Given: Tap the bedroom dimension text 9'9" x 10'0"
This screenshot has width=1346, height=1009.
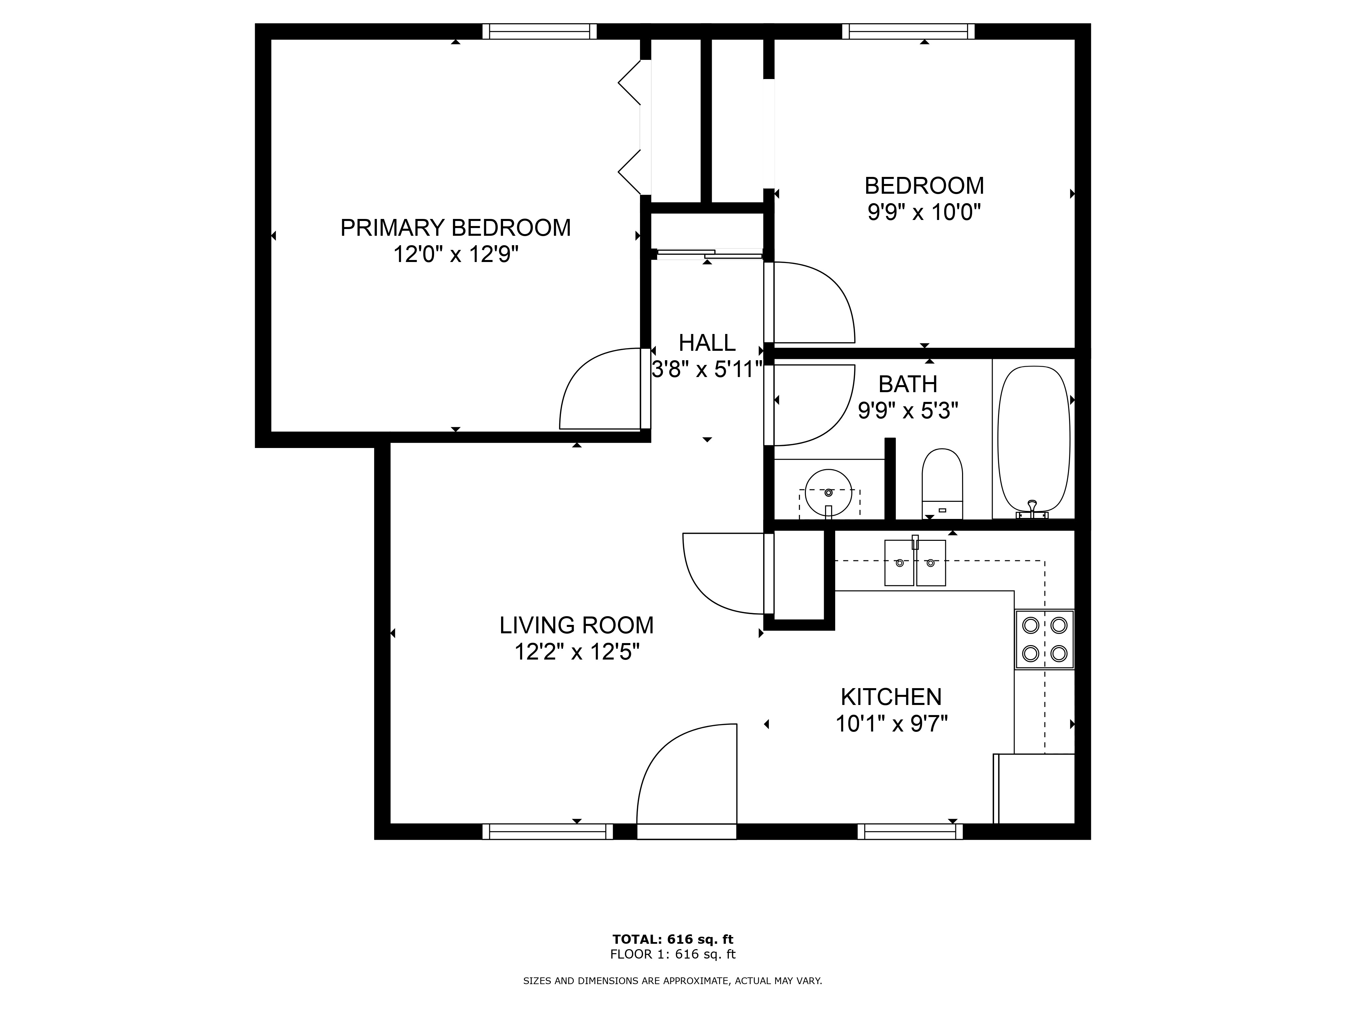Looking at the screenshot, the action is point(924,212).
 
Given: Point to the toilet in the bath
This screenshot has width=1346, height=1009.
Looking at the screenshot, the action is point(942,484).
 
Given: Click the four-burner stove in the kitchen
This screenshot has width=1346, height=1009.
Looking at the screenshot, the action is point(1044,639).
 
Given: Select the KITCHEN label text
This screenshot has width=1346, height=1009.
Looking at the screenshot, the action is point(891,697).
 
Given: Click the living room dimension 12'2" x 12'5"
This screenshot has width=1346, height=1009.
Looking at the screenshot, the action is point(577,652).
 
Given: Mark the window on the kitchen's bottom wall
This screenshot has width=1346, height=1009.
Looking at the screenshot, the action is point(910,831).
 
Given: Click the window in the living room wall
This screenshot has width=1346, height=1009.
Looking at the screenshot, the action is point(547,831).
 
